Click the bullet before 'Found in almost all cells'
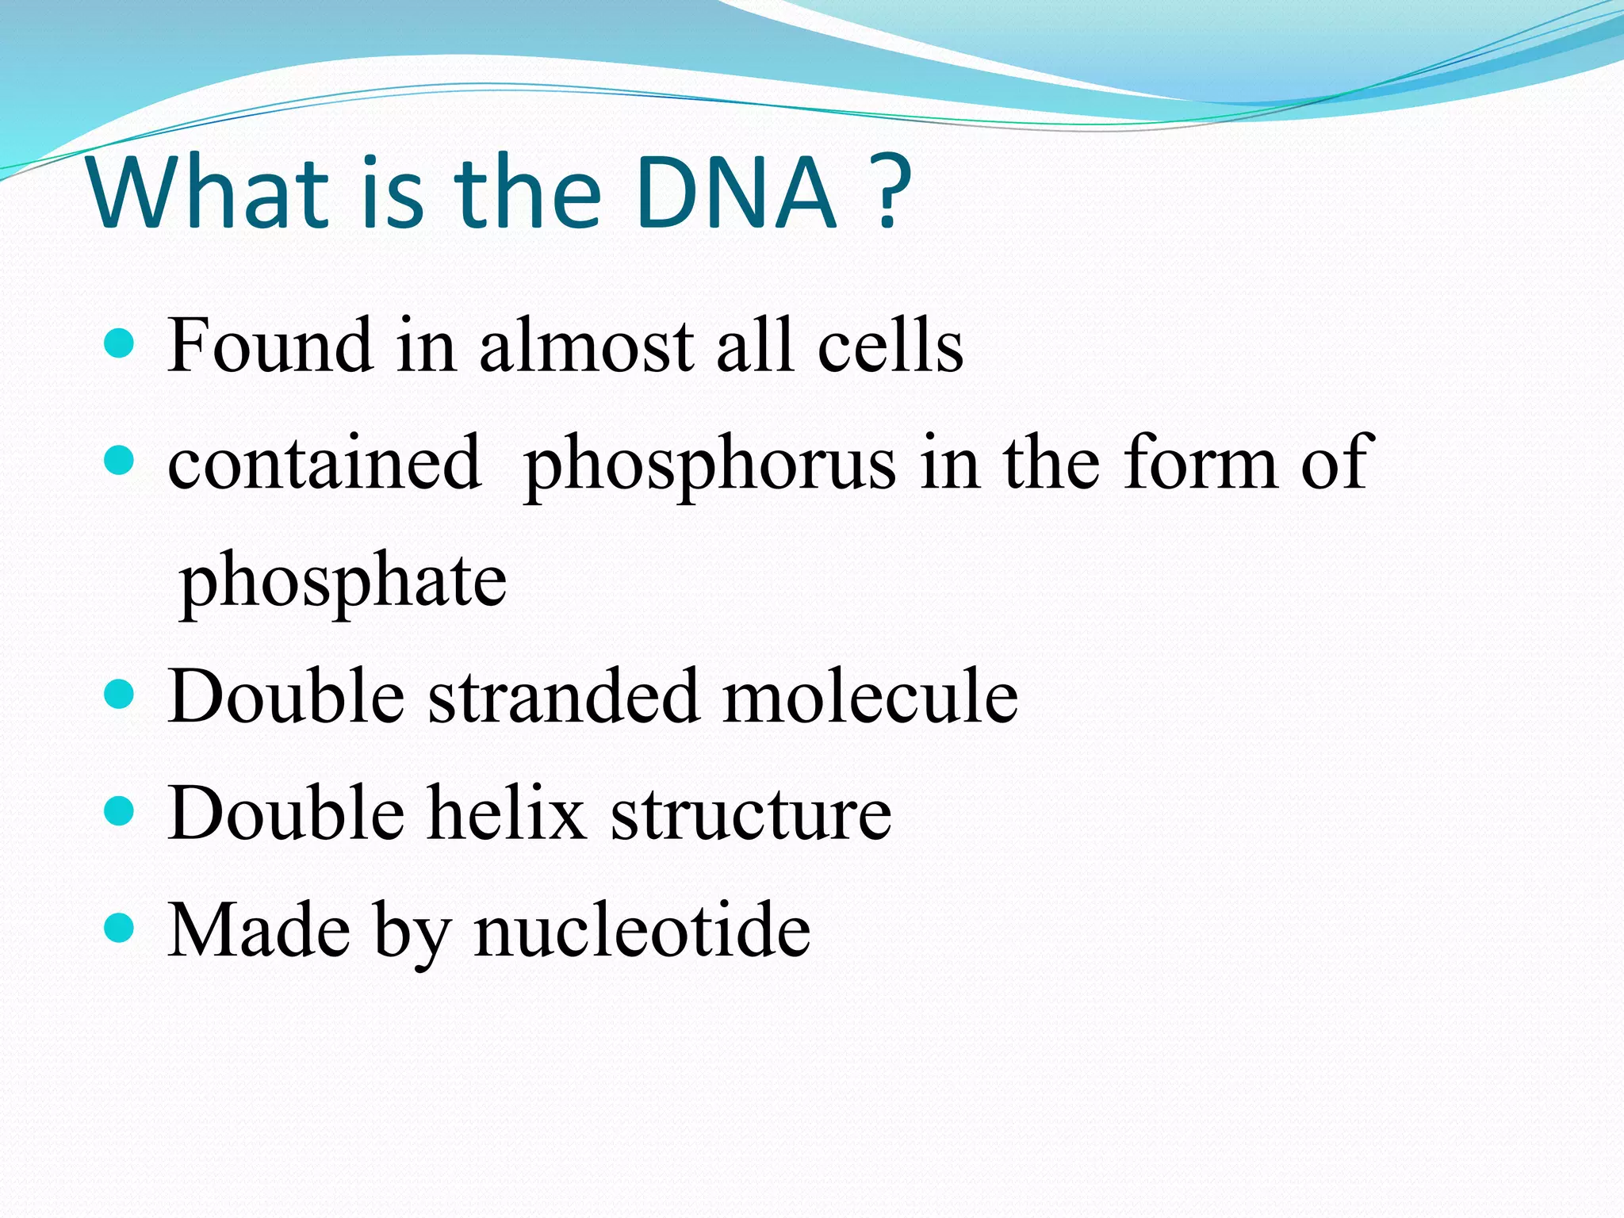tap(119, 344)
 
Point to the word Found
tap(270, 346)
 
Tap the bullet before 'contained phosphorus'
tap(119, 460)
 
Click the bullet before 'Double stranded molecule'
tap(119, 694)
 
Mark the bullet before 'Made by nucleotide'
tap(119, 927)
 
